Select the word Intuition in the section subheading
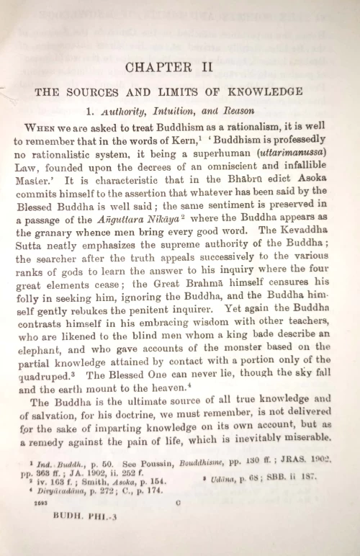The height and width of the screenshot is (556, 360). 156,112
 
